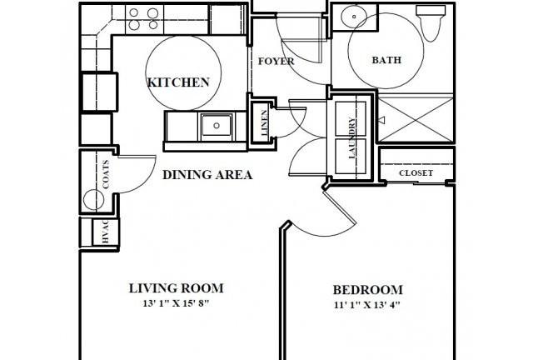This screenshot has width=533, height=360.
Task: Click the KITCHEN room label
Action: click(178, 82)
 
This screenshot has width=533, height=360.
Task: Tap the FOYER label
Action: click(276, 61)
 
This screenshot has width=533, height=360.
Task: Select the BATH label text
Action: click(386, 60)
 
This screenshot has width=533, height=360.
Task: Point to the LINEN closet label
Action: click(265, 122)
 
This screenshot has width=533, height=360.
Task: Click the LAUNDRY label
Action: click(352, 137)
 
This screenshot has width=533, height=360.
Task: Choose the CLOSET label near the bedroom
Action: click(416, 172)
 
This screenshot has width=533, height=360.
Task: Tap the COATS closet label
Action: click(106, 174)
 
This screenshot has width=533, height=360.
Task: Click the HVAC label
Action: click(105, 232)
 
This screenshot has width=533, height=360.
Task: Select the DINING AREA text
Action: click(207, 175)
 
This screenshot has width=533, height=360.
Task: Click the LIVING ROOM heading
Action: click(176, 288)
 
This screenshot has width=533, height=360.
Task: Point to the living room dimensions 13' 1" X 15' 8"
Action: click(176, 302)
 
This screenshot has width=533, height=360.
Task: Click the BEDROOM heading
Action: click(368, 290)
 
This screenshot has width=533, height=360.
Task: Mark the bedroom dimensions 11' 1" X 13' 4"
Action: click(366, 305)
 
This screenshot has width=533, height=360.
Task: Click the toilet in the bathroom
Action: click(431, 22)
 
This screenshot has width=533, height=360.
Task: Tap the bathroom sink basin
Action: click(354, 17)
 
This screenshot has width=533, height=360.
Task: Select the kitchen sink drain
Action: click(217, 126)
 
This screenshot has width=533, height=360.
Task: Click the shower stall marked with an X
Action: click(416, 119)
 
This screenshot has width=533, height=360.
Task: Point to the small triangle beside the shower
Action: click(381, 120)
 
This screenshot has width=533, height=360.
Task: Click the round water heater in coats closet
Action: click(93, 200)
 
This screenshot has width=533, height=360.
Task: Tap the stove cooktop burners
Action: click(144, 18)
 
